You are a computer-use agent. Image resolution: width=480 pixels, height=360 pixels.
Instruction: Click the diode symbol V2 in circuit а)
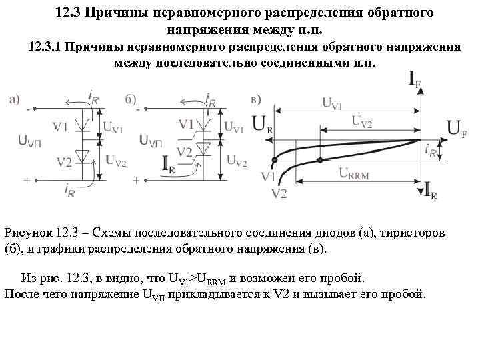click(x=83, y=157)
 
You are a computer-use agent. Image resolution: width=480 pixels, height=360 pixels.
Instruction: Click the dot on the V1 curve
click(x=274, y=161)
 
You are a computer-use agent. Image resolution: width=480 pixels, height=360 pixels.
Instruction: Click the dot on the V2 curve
click(x=321, y=161)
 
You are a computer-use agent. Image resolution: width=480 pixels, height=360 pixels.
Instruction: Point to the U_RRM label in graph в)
click(x=354, y=173)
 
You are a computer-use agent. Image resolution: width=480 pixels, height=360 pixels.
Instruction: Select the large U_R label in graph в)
click(x=263, y=125)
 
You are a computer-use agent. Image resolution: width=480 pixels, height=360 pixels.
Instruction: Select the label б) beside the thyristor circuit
click(x=131, y=99)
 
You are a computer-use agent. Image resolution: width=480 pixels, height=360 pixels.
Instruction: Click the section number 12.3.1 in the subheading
click(x=46, y=47)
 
